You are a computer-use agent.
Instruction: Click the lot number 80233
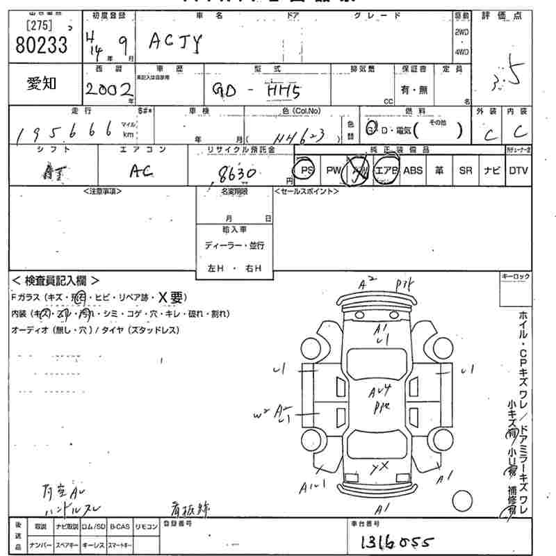tap(41, 44)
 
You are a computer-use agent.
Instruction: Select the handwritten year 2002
tap(110, 88)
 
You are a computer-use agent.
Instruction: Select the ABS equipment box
tap(413, 170)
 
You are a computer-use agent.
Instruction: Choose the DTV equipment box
tap(518, 170)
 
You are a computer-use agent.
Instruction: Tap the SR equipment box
tap(465, 170)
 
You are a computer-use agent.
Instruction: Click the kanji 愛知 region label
tap(42, 84)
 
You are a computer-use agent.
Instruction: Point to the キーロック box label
tap(515, 277)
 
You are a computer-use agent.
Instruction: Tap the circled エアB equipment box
tap(386, 170)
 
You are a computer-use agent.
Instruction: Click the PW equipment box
tap(334, 170)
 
